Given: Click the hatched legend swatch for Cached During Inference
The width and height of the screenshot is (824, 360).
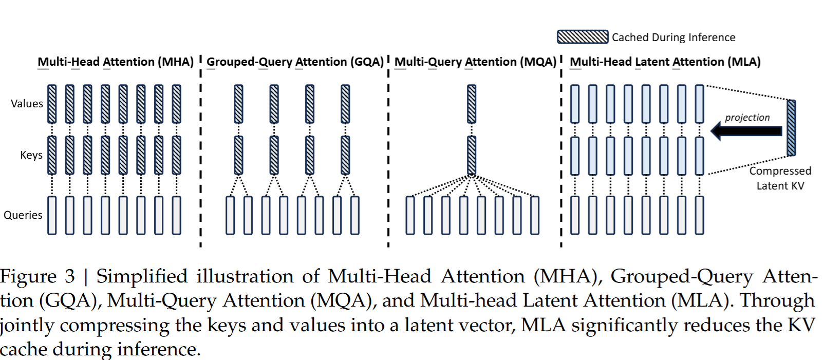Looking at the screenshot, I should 583,37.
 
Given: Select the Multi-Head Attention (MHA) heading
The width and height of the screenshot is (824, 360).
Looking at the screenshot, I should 116,62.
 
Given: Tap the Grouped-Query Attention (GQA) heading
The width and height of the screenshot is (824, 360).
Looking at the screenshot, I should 295,62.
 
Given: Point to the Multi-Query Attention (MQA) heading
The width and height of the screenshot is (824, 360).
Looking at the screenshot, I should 476,62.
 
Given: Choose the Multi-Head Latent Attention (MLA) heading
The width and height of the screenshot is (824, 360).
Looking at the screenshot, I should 665,62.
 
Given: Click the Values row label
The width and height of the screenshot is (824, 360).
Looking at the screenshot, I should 27,104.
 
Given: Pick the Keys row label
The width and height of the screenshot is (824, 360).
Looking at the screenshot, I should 31,155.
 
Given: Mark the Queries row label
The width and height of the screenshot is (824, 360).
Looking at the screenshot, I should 23,215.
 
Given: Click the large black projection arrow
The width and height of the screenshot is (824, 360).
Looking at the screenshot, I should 746,131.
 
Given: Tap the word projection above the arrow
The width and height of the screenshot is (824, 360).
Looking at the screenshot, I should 747,118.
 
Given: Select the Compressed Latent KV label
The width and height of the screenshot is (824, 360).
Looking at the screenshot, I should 780,178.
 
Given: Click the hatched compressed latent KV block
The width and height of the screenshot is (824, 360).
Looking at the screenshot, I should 791,128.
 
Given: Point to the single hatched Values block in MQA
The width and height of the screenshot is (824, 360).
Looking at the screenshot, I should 472,104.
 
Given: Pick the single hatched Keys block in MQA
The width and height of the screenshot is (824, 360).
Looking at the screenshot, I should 472,155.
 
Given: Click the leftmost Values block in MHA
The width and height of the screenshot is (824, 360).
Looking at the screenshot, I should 52,104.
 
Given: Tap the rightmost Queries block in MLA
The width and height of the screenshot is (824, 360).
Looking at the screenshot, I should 699,215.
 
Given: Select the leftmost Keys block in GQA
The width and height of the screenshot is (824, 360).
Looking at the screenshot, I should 238,155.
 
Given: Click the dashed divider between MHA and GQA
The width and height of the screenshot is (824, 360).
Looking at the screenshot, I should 200,154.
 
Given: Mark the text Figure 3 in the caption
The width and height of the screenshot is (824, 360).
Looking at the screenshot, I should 38,277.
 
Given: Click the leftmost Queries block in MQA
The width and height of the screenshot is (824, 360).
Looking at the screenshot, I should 410,215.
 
